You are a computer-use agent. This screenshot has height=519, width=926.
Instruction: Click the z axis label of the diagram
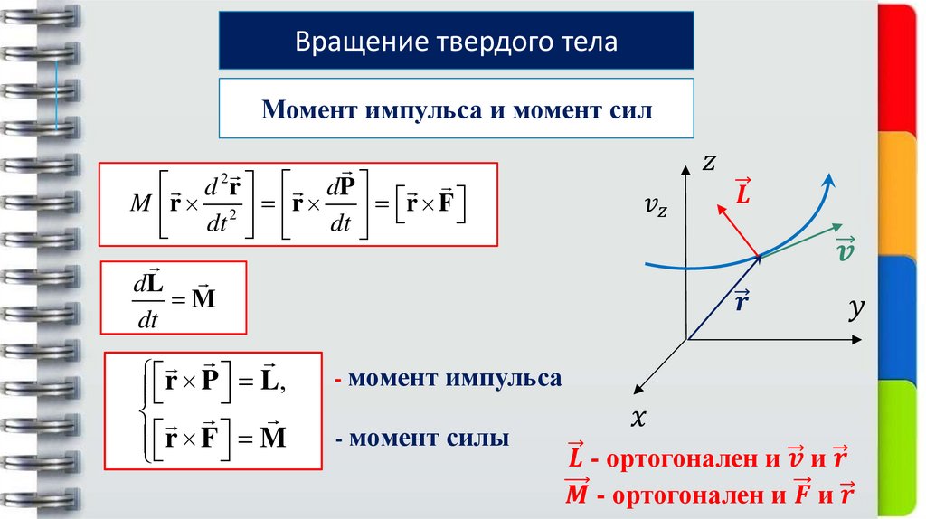pyautogui.click(x=710, y=163)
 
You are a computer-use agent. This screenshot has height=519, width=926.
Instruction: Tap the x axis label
pyautogui.click(x=639, y=418)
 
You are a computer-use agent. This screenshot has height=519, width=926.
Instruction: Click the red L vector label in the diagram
pyautogui.click(x=742, y=192)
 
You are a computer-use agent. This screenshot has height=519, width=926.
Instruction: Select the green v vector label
pyautogui.click(x=846, y=249)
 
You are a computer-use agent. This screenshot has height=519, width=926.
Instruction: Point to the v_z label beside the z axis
pyautogui.click(x=657, y=209)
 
